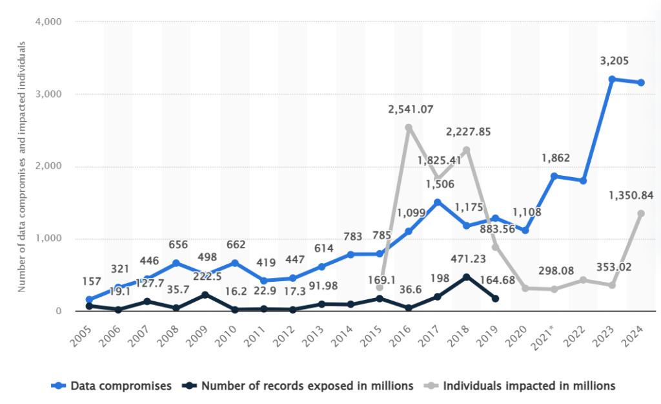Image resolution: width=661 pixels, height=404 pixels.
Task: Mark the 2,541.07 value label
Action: [409, 111]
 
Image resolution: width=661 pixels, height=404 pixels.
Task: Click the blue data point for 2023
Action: [612, 79]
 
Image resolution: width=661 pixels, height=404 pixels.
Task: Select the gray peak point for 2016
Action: [409, 127]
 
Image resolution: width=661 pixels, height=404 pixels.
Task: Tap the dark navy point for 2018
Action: [467, 277]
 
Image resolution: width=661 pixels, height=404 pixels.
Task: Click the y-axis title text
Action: [22, 167]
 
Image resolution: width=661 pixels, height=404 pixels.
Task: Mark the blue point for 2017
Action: [438, 202]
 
